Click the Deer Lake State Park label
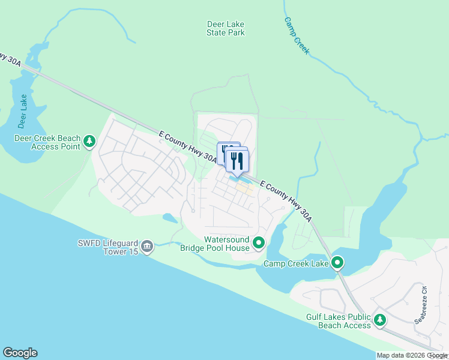[226, 28]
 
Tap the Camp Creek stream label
[297, 35]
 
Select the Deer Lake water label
[23, 112]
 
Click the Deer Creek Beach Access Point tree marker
[89, 141]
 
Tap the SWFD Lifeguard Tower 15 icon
[147, 246]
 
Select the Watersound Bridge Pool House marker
[259, 243]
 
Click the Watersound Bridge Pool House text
[218, 243]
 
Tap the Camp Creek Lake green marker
[337, 262]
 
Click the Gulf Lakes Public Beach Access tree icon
[379, 320]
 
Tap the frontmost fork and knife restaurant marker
[238, 161]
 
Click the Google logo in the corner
[20, 353]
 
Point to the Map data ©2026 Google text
[412, 355]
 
